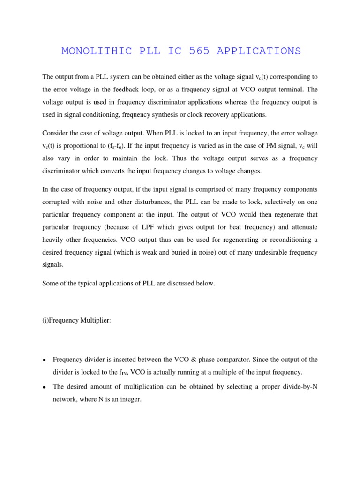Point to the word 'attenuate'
301,227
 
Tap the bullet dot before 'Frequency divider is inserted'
44,360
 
